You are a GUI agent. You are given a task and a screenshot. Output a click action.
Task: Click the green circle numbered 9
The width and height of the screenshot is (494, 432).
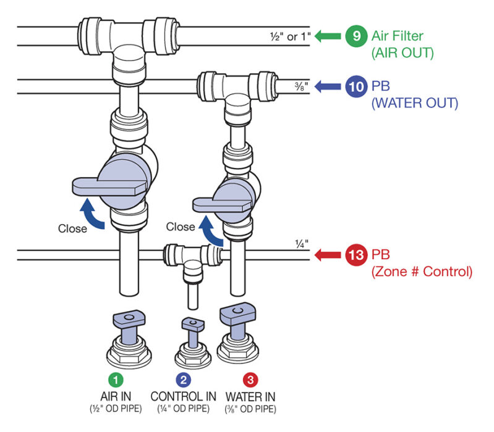(x=356, y=36)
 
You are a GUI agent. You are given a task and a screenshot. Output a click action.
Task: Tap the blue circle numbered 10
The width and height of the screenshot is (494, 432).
(x=356, y=86)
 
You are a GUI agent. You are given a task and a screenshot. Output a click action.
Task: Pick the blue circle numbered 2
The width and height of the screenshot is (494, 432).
(x=184, y=378)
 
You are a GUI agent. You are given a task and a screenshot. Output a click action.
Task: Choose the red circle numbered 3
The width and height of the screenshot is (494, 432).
(x=250, y=378)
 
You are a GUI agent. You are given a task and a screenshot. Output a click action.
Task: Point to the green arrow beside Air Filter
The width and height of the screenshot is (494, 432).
(x=328, y=36)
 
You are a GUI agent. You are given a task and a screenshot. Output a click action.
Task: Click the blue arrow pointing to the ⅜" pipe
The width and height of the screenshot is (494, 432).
(x=328, y=86)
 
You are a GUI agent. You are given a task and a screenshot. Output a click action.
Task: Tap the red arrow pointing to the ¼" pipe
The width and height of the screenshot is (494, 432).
(x=328, y=254)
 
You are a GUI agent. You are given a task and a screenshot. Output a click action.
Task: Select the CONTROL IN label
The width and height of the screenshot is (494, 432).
(x=184, y=396)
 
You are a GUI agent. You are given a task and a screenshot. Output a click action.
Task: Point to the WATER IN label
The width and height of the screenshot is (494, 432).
(x=250, y=396)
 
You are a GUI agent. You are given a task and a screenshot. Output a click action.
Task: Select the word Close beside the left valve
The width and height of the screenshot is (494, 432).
(x=72, y=228)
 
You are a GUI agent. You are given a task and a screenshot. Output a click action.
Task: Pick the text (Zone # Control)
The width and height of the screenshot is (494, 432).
(x=422, y=270)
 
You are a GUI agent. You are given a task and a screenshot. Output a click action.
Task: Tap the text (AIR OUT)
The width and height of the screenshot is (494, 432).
(x=402, y=53)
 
